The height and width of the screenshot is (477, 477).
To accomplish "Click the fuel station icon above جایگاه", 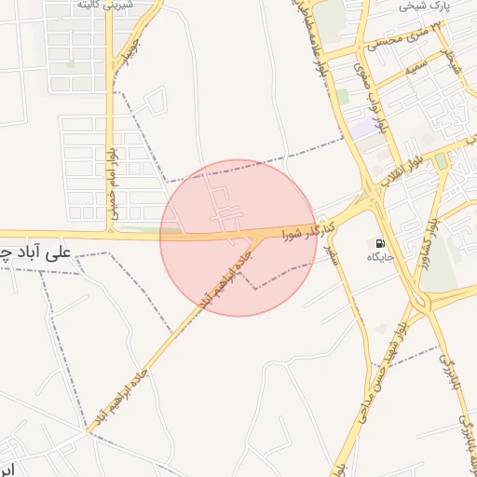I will pos(379,243).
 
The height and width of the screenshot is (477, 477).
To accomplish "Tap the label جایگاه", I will pos(381,256).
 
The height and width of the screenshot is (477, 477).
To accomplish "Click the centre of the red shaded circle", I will pos(238,238).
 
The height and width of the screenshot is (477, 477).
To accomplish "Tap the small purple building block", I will pos(362,129).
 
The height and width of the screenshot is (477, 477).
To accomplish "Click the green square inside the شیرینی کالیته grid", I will pos(70,64).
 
